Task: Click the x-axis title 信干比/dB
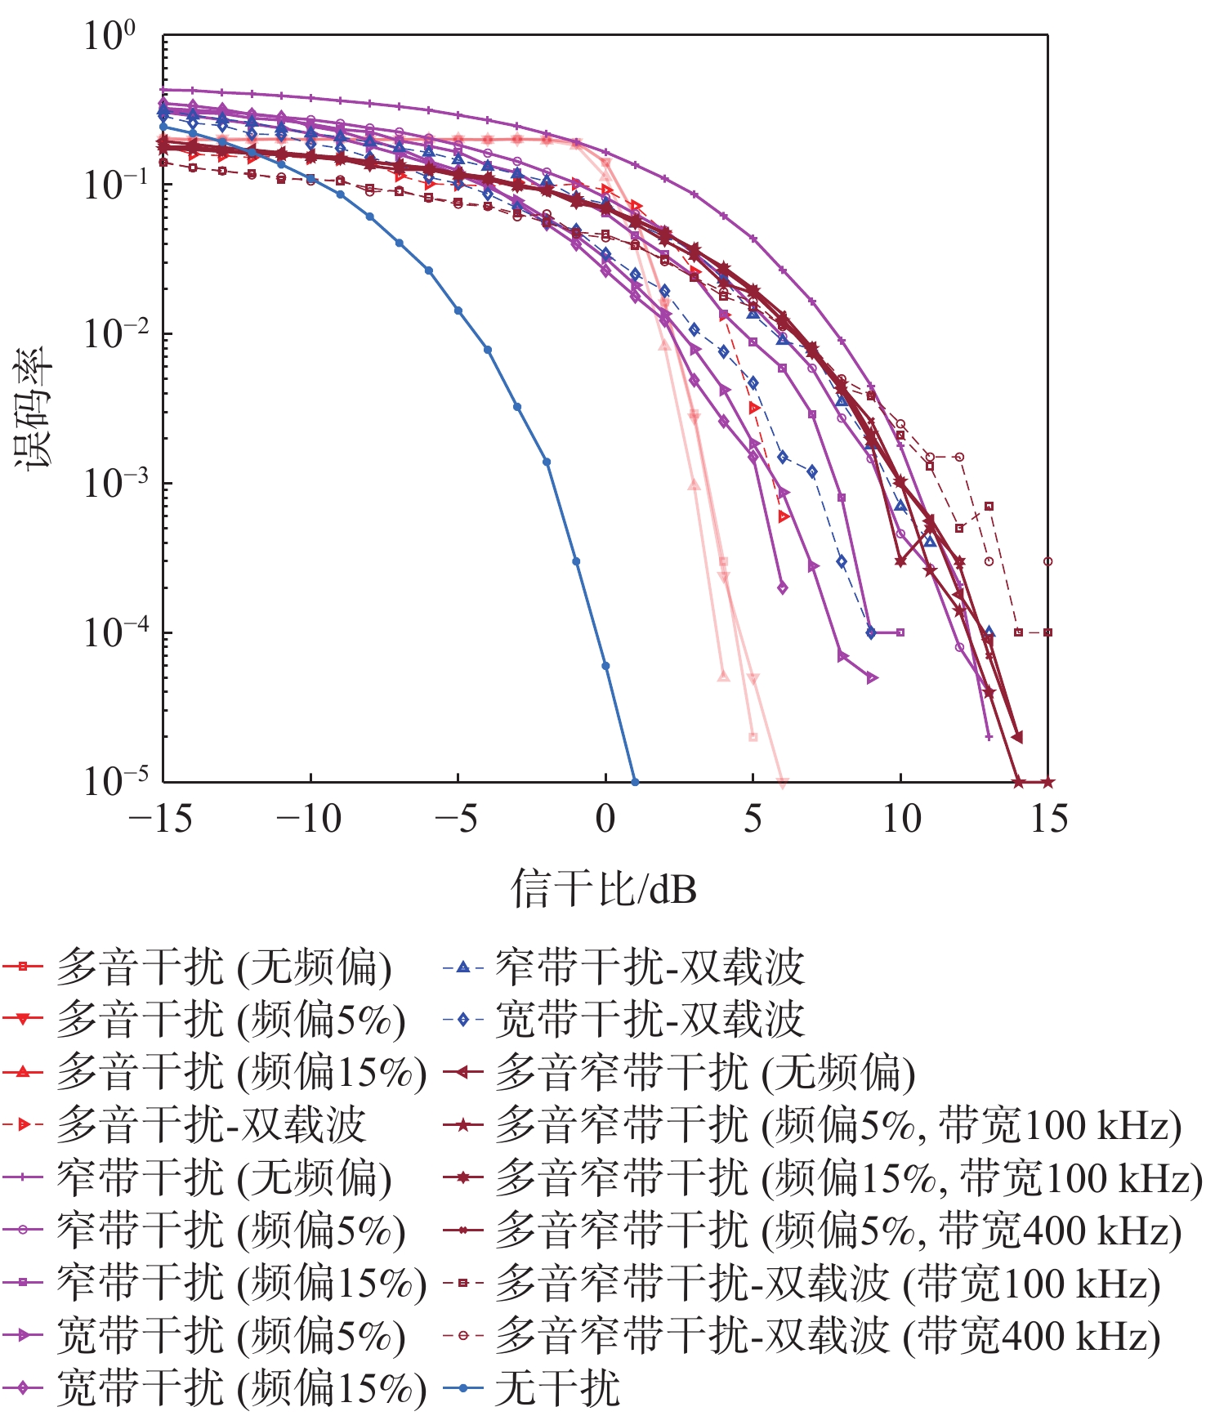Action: pyautogui.click(x=604, y=888)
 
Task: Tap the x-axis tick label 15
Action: pyautogui.click(x=1048, y=818)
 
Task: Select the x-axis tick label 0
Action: pyautogui.click(x=605, y=818)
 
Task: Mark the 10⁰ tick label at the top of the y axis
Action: pyautogui.click(x=110, y=36)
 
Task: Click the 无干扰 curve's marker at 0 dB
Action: pyautogui.click(x=605, y=666)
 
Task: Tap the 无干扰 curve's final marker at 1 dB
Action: pyautogui.click(x=635, y=782)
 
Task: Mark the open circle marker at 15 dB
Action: pyautogui.click(x=1048, y=561)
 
